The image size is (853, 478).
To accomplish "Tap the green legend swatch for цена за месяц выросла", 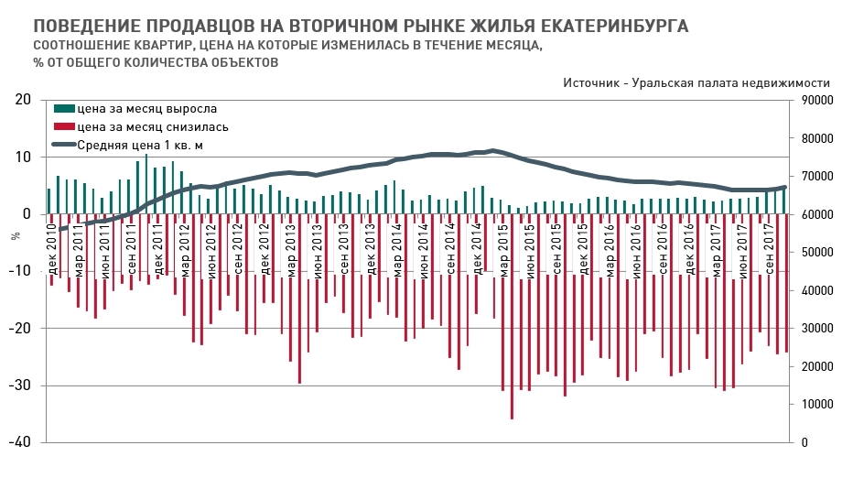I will pyautogui.click(x=65, y=110).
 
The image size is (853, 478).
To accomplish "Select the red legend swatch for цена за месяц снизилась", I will pyautogui.click(x=65, y=127).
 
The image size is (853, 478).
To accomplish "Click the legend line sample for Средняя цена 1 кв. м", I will pyautogui.click(x=64, y=145).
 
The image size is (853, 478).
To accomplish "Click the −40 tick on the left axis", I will pyautogui.click(x=19, y=442).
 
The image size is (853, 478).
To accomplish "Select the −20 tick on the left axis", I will pyautogui.click(x=19, y=328).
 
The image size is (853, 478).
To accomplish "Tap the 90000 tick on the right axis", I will pyautogui.click(x=817, y=100).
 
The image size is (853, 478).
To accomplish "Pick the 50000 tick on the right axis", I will pyautogui.click(x=817, y=252).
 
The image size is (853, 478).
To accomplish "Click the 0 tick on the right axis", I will pyautogui.click(x=804, y=442).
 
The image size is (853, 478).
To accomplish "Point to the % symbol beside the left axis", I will pyautogui.click(x=15, y=235).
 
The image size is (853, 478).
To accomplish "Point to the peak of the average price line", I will pyautogui.click(x=493, y=150).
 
